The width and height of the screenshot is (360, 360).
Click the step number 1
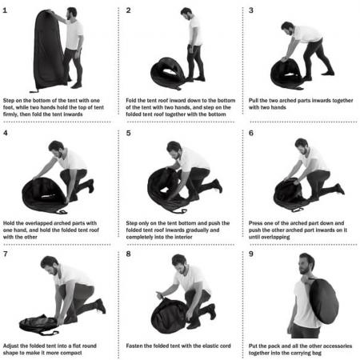pyautogui.click(x=6, y=10)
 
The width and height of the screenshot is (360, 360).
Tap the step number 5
pyautogui.click(x=129, y=132)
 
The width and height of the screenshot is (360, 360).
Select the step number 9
pyautogui.click(x=251, y=254)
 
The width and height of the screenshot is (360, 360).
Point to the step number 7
pyautogui.click(x=6, y=254)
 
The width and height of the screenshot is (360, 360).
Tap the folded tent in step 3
pyautogui.click(x=285, y=73)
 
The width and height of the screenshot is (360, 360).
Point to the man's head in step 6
pyautogui.click(x=301, y=145)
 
